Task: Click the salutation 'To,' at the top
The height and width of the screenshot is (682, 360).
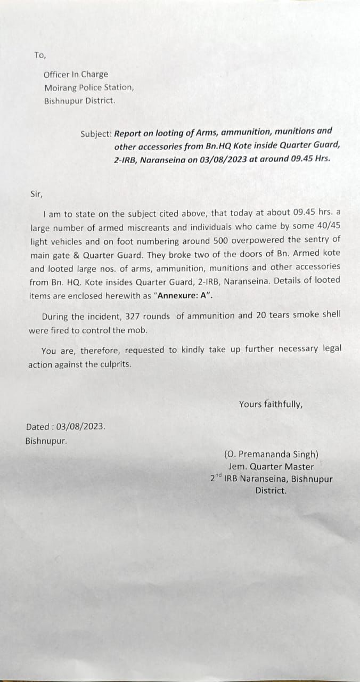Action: point(40,55)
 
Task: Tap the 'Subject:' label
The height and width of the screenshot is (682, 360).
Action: point(96,134)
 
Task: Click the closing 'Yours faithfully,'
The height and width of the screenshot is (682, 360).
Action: point(271,404)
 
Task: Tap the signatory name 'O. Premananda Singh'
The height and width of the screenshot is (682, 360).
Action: point(272,454)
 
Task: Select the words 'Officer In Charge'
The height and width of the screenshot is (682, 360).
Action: point(76,75)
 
